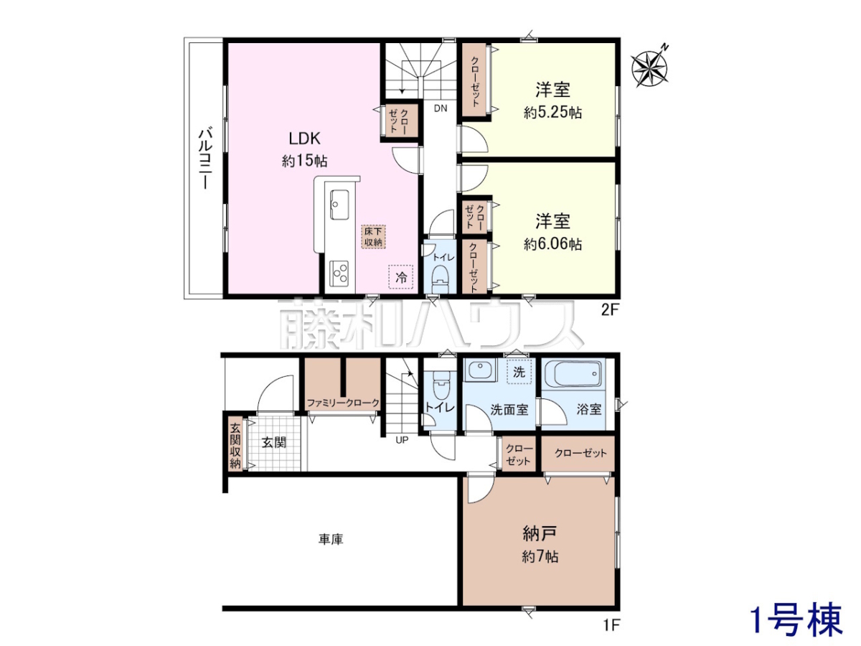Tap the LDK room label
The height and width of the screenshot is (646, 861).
304,139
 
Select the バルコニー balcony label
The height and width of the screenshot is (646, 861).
205,159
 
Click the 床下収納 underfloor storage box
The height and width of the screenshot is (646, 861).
373,237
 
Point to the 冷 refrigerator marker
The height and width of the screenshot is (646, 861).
401,277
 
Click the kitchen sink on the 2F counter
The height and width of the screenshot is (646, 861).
339,205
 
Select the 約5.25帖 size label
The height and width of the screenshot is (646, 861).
552,113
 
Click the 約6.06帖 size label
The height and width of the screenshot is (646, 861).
552,244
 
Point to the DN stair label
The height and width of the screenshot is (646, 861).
440,108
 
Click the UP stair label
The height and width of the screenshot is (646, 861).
402,440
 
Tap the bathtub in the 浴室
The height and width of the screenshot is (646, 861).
577,374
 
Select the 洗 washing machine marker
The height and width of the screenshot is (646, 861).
519,372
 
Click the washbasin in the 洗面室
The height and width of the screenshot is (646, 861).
479,370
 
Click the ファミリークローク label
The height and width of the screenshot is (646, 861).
343,403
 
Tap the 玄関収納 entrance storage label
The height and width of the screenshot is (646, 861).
235,446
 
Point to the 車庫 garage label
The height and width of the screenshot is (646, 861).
331,539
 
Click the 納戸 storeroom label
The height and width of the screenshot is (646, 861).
540,533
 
